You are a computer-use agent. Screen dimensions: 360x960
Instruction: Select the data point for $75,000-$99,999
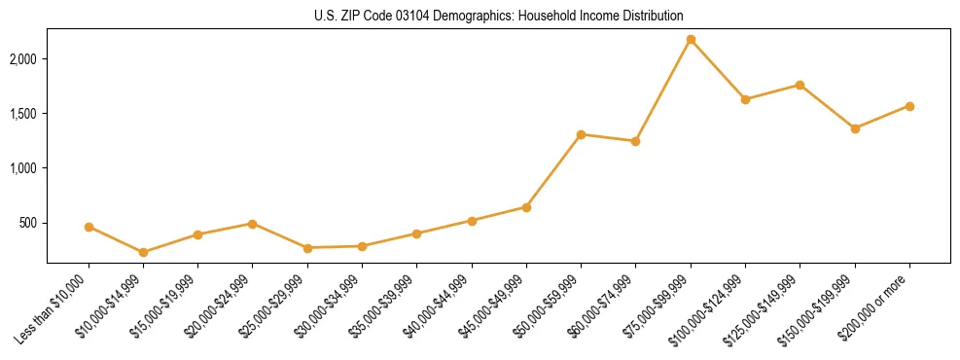(x=691, y=40)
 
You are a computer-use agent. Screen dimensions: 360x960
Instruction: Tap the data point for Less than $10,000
(x=89, y=227)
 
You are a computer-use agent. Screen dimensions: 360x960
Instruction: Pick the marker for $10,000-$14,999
(x=144, y=252)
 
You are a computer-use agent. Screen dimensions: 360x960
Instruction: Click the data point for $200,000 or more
(x=909, y=106)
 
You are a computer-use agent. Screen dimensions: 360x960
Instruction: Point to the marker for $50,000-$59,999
(x=581, y=134)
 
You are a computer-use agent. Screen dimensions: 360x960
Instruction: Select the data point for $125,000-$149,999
(x=800, y=85)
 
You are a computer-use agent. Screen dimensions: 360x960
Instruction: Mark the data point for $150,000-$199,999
(x=855, y=128)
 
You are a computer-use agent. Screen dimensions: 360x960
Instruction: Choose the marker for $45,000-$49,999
(x=526, y=207)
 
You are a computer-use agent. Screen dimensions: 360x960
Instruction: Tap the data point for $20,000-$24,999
(x=253, y=224)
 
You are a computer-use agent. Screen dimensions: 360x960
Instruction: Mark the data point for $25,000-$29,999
(x=307, y=248)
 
